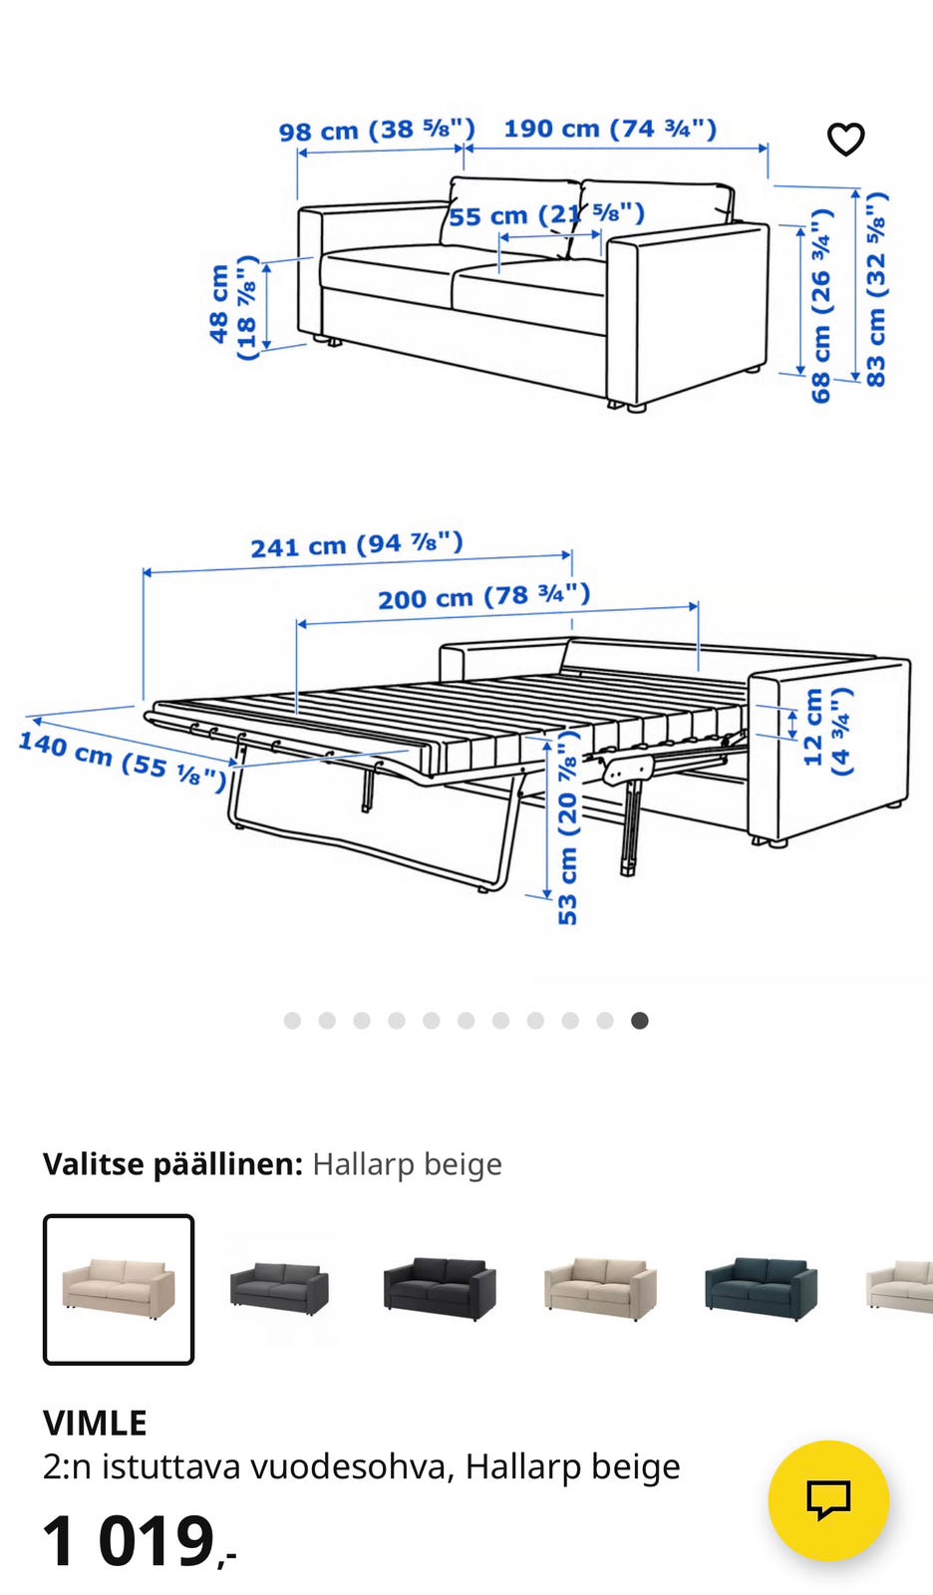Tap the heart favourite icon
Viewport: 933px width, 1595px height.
(845, 139)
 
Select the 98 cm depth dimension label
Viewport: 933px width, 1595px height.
(377, 131)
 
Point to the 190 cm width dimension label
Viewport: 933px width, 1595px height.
(610, 129)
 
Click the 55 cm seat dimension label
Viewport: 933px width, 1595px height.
(546, 214)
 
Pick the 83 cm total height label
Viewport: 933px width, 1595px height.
(875, 289)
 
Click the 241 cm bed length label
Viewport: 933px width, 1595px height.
(357, 544)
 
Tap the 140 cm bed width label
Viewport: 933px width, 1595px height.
(123, 760)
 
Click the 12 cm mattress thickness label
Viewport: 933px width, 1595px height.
(826, 730)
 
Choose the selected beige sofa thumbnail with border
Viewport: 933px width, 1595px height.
(119, 1290)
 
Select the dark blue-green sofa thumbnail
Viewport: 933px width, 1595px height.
(762, 1289)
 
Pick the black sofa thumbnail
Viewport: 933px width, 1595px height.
(440, 1289)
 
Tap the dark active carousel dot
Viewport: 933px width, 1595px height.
(640, 1021)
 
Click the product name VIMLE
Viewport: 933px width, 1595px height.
(95, 1423)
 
